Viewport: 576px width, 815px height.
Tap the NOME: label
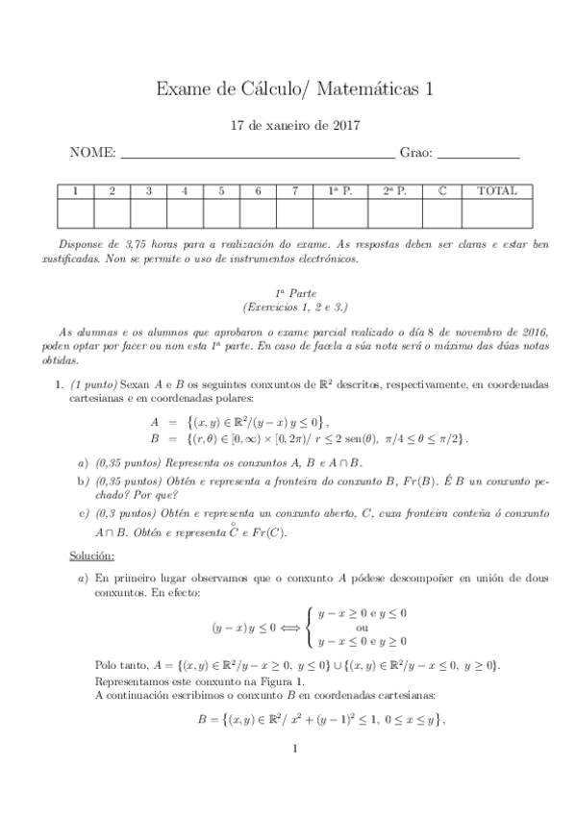point(92,153)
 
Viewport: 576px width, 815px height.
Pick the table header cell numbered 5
point(221,191)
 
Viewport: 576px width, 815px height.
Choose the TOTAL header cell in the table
point(496,191)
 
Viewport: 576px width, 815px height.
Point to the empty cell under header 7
point(295,212)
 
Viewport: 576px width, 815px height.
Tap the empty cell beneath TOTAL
point(496,212)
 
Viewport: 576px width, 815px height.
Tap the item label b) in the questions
point(84,480)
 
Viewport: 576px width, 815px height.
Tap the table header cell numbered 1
point(76,191)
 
